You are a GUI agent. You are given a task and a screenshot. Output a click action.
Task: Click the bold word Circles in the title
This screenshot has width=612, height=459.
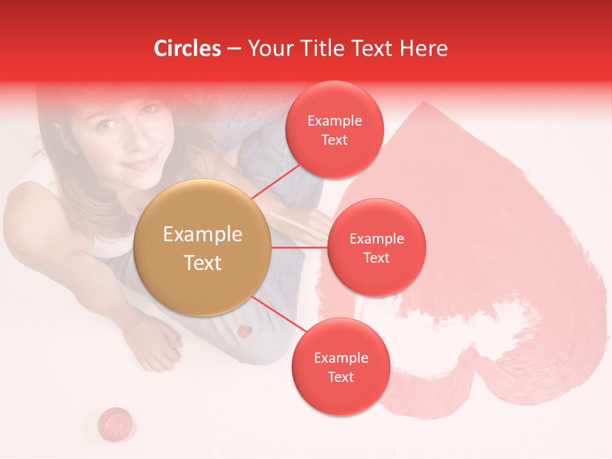(187, 48)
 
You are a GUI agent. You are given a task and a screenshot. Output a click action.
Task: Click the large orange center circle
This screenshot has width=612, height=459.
(203, 247)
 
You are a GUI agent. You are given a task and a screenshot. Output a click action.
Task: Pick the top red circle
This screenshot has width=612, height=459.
(334, 129)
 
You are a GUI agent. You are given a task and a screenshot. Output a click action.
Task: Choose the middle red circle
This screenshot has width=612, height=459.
(376, 247)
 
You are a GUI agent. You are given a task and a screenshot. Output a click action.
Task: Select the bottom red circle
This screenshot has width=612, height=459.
(340, 367)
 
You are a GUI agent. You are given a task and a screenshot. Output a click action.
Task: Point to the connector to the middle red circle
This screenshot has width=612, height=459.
(299, 247)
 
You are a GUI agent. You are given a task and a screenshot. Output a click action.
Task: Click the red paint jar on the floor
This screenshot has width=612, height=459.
(115, 421)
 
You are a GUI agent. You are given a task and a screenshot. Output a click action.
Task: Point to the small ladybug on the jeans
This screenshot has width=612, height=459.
(244, 331)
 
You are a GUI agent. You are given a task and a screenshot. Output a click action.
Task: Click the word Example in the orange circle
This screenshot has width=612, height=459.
(203, 235)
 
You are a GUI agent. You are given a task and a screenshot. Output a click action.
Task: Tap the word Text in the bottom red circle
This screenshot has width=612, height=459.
(340, 377)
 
